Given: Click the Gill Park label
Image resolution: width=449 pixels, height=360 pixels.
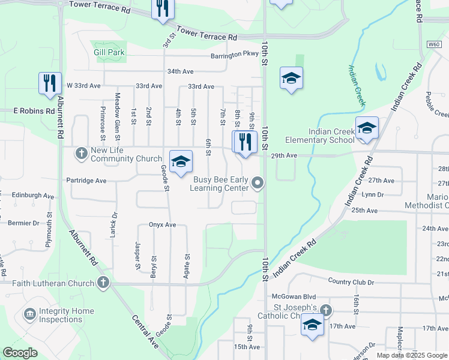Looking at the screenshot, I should point(109,52).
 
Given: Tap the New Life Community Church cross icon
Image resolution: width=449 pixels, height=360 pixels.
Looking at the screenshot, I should point(82,153).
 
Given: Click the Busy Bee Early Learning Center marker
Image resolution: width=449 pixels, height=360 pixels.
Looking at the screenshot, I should point(258,182).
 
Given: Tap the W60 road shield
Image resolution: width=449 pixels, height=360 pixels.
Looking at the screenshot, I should point(435,44).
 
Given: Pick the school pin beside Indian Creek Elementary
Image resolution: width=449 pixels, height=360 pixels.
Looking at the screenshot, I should point(366,128).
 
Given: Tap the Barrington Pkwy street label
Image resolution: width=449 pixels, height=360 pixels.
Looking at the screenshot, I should point(234,54).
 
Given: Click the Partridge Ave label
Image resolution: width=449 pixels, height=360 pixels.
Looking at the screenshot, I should point(86,180).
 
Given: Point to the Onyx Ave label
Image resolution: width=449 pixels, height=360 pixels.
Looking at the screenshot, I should point(162,225).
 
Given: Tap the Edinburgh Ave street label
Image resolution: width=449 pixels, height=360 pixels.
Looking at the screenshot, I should point(31,196).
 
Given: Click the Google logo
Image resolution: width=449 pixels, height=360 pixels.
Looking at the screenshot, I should point(20,353).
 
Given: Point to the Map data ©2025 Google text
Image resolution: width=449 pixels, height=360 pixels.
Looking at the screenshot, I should point(411,355).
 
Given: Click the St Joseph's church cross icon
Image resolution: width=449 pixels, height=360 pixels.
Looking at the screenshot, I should point(325,310).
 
